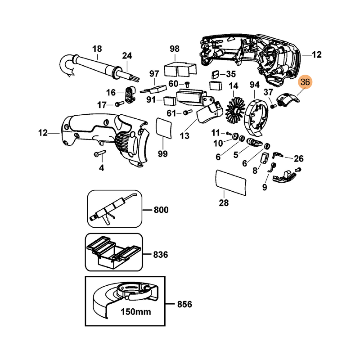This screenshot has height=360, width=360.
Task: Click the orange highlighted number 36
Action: coord(305,82)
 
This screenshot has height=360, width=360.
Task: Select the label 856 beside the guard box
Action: coord(184,305)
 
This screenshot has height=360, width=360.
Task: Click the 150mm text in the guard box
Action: coord(135,311)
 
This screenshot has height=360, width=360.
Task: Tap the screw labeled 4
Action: coord(99,154)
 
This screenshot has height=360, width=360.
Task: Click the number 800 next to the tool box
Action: coord(160,210)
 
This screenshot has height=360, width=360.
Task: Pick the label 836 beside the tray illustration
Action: coord(160,255)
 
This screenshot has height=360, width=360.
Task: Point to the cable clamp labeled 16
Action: coord(130,94)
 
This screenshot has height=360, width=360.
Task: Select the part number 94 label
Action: coord(255,85)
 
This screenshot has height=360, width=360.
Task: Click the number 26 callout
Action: coord(298,158)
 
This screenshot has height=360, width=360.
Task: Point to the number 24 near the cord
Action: coord(127,56)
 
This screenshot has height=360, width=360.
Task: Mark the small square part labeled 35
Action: coord(215,74)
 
